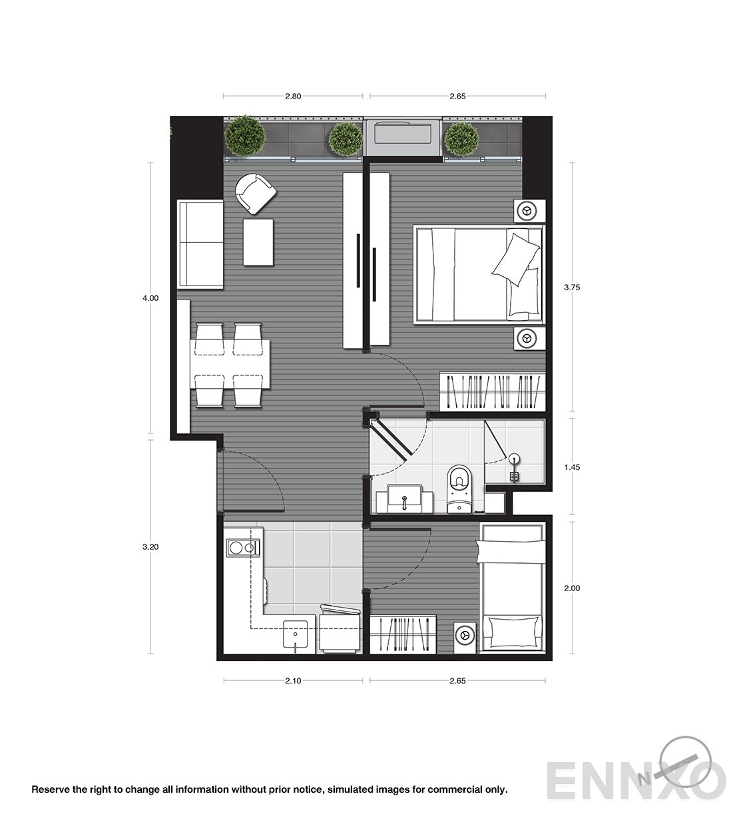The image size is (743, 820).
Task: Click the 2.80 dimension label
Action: [293, 97]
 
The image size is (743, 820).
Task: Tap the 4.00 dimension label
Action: [150, 298]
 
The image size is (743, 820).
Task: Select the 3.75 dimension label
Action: [572, 288]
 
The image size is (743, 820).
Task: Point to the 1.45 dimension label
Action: [572, 467]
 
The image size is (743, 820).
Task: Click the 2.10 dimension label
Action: [293, 681]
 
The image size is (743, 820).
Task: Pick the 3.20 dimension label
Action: [150, 547]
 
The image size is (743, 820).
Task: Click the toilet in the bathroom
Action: [459, 489]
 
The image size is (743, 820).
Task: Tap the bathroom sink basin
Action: [404, 498]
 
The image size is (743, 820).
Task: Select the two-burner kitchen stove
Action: [243, 548]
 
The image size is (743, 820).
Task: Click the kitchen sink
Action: [296, 634]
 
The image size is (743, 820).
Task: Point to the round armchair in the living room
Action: [255, 193]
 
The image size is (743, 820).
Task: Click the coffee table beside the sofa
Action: [258, 242]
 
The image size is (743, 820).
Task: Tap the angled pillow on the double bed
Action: [515, 260]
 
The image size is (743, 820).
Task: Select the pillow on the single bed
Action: [514, 632]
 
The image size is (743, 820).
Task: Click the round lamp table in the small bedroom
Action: [465, 635]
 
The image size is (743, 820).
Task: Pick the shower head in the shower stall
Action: [515, 467]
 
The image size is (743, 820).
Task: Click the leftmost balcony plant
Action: [244, 135]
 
